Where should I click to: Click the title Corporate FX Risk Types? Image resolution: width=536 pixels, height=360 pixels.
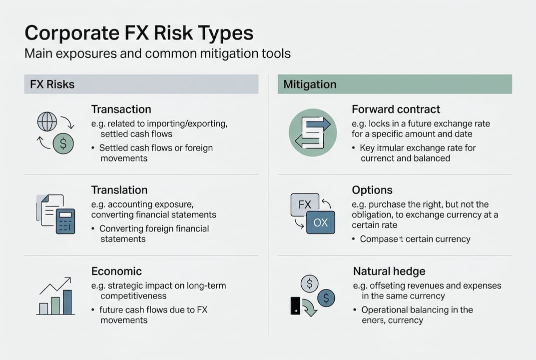click(x=139, y=33)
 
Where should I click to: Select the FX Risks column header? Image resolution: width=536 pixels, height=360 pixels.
click(x=52, y=84)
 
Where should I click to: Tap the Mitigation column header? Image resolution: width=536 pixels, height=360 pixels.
click(x=310, y=84)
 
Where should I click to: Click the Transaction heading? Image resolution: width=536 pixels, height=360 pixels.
click(x=121, y=109)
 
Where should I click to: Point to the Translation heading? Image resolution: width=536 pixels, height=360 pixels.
click(x=119, y=190)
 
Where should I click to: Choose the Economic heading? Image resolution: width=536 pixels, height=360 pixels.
click(x=116, y=271)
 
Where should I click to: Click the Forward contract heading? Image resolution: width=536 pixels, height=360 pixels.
click(x=396, y=109)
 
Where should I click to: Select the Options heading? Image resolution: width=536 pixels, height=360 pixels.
click(x=372, y=190)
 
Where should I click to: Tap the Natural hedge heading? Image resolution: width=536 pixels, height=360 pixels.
click(x=389, y=271)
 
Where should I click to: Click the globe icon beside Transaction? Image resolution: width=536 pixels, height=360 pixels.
click(x=47, y=121)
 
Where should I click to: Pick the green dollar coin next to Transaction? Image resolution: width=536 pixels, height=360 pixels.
click(x=63, y=143)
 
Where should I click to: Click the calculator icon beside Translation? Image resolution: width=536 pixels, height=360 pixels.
click(x=65, y=221)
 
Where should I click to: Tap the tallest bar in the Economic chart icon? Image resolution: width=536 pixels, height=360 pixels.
click(x=67, y=302)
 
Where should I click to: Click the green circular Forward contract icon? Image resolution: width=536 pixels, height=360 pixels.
click(x=313, y=133)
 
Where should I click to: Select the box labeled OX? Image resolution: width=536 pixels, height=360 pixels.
click(x=320, y=222)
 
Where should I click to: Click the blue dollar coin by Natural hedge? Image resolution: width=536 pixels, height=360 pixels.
click(x=326, y=298)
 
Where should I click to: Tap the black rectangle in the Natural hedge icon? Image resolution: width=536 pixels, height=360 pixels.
click(x=295, y=305)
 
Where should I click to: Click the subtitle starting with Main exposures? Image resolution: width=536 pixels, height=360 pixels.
click(x=157, y=53)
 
